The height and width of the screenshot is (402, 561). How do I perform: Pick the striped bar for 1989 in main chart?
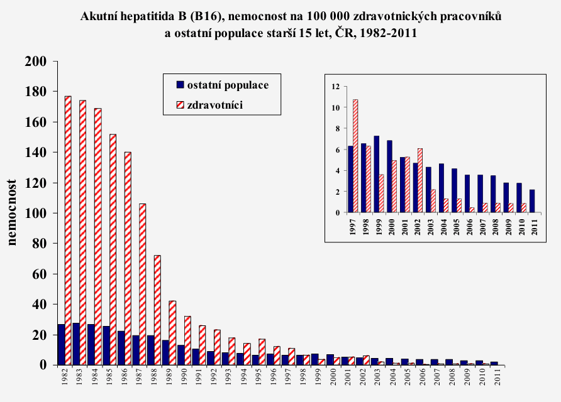click(x=173, y=332)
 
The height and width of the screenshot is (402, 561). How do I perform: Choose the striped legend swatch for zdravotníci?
click(x=178, y=105)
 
